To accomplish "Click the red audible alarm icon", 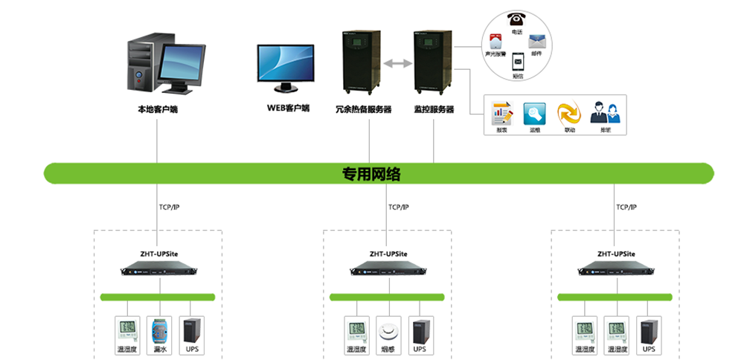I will (495, 41).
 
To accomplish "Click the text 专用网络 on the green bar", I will (371, 174).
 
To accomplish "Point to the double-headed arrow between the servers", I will (397, 65).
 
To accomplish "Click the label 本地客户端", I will (158, 109).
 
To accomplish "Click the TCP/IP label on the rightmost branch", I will (626, 207).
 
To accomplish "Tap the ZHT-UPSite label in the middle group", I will (388, 254).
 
